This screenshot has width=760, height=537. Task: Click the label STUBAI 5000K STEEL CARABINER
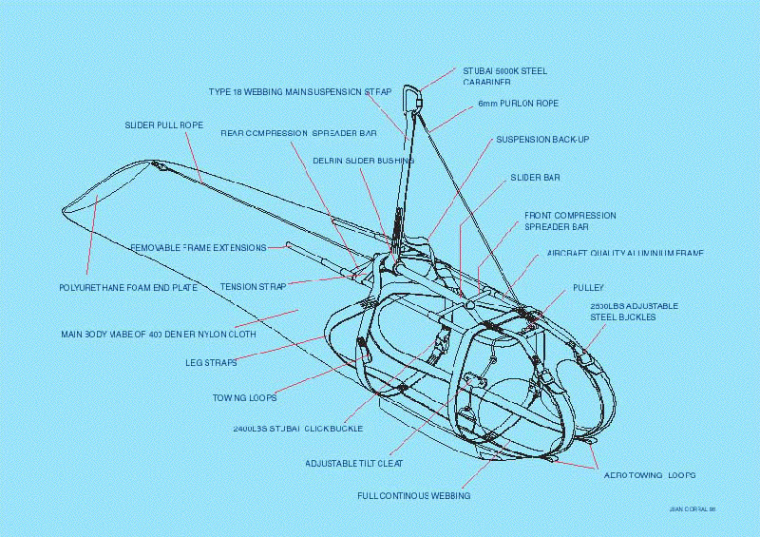pos(504,76)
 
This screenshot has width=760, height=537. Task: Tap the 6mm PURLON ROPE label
pos(518,103)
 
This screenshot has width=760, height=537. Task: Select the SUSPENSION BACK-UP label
pos(542,140)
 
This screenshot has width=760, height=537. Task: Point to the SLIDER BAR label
pos(535,178)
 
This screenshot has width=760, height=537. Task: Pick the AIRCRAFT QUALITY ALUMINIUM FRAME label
pos(625,254)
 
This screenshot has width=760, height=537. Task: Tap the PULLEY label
pos(588,287)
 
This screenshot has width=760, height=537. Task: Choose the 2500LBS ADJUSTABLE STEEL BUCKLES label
pos(634,311)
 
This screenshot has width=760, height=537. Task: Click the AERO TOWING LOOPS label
pos(650,473)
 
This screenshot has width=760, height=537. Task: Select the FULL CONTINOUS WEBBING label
pos(414,495)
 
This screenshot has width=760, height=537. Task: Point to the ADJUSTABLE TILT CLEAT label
pos(354,463)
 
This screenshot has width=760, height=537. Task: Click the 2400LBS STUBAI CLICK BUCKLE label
pos(297,429)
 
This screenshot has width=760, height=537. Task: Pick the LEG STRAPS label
pos(211,362)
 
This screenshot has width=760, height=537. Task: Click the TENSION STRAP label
pos(253,286)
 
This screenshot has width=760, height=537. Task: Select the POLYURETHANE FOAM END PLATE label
pos(123,286)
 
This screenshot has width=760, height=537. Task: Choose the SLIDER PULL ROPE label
pos(163,125)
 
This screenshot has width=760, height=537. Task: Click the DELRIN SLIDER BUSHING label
pos(363,161)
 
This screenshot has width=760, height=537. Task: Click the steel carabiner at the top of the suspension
pos(412,98)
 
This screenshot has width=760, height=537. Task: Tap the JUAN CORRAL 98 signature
pos(692,509)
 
